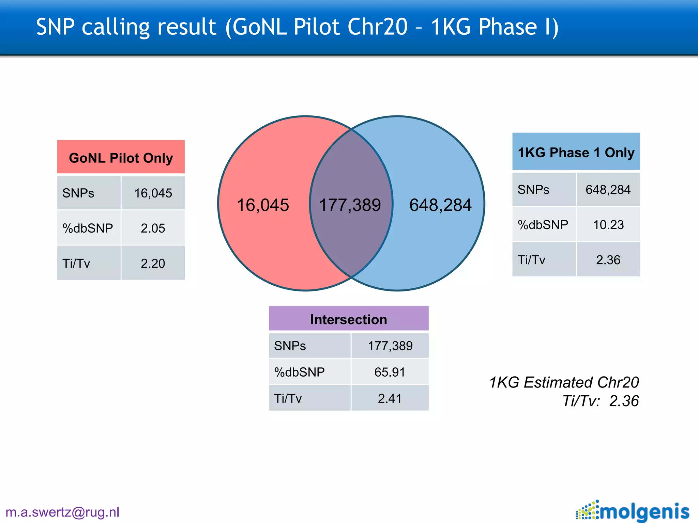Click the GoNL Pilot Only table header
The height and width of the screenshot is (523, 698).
click(x=121, y=157)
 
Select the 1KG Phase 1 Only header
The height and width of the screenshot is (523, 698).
click(x=576, y=152)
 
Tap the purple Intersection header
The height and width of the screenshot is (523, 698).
click(x=348, y=319)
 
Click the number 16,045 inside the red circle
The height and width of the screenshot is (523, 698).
click(x=262, y=205)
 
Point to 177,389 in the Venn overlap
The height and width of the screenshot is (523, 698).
click(x=350, y=205)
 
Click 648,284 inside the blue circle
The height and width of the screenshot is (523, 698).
click(x=440, y=205)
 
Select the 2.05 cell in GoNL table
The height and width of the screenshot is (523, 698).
click(x=153, y=228)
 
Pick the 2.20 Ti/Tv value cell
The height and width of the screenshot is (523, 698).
click(x=153, y=263)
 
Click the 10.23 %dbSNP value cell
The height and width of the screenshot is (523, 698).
click(x=608, y=225)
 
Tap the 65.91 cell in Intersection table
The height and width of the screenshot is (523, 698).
click(x=390, y=372)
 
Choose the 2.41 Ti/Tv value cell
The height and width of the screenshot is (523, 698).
click(x=390, y=398)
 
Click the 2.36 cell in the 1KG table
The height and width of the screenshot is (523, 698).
click(x=608, y=260)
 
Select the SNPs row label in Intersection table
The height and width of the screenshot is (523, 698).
click(x=290, y=346)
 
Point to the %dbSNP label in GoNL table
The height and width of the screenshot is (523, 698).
click(x=88, y=228)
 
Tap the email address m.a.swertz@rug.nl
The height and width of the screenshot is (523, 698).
click(x=62, y=512)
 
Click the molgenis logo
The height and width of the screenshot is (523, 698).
click(x=633, y=511)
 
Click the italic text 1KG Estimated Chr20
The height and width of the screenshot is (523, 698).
click(x=564, y=382)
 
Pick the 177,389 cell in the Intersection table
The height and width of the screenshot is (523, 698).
click(x=390, y=346)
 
